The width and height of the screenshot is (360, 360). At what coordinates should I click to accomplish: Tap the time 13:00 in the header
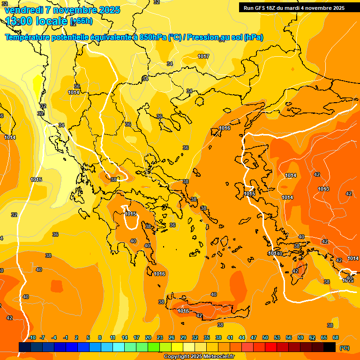[19, 21]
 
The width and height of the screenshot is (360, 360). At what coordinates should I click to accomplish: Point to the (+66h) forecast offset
[81, 21]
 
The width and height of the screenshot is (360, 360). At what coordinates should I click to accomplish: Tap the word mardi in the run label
[296, 8]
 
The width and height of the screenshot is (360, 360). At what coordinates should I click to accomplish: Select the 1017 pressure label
[203, 56]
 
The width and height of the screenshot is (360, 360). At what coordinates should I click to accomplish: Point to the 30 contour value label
[40, 113]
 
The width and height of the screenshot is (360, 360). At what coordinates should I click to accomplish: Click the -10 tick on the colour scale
[32, 337]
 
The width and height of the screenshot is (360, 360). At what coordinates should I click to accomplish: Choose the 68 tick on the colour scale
[336, 337]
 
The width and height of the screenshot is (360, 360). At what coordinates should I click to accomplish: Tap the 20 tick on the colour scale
[148, 337]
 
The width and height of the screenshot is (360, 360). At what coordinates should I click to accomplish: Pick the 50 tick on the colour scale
[265, 337]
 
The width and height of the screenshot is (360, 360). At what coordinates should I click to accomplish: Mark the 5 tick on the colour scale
[88, 337]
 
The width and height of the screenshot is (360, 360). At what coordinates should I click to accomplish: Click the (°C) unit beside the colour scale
[344, 348]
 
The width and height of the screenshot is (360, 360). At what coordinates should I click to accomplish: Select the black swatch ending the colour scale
[330, 347]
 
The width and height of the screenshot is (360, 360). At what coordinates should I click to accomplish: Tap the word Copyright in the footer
[178, 357]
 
